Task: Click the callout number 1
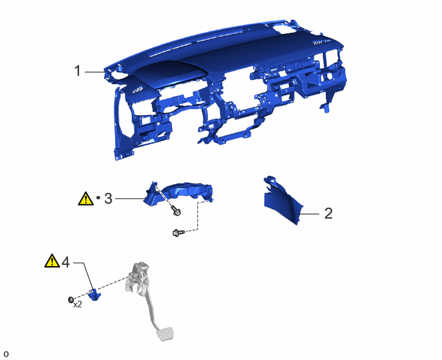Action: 78,71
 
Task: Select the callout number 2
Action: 328,213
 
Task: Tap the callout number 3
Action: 108,199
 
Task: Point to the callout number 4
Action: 66,262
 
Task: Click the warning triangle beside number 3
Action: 85,199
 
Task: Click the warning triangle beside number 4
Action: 52,261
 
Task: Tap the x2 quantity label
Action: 78,305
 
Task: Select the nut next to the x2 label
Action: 71,300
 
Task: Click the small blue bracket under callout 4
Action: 94,295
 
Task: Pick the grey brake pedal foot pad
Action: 165,334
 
